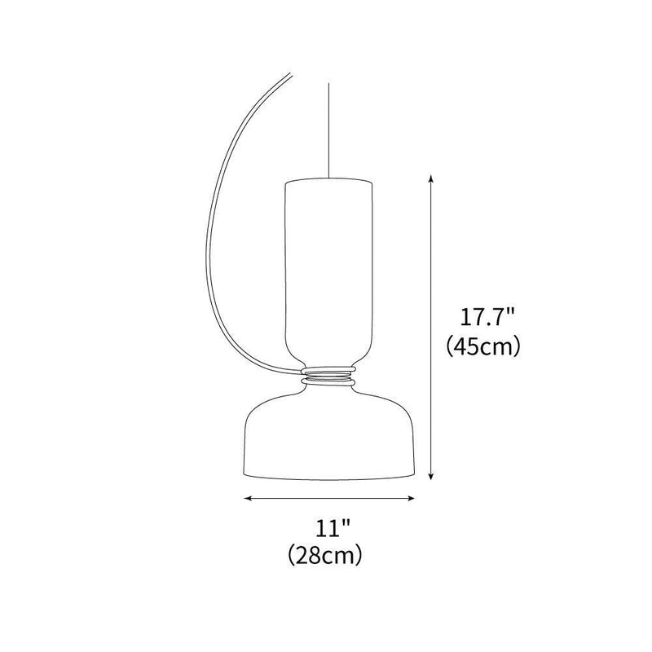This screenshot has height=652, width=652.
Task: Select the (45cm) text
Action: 483,346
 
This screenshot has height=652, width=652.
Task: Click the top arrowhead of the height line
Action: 430,177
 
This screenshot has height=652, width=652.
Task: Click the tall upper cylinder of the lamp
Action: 328,269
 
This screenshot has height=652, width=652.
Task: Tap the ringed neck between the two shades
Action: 328,378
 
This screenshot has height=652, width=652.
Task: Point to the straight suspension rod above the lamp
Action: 328,122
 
